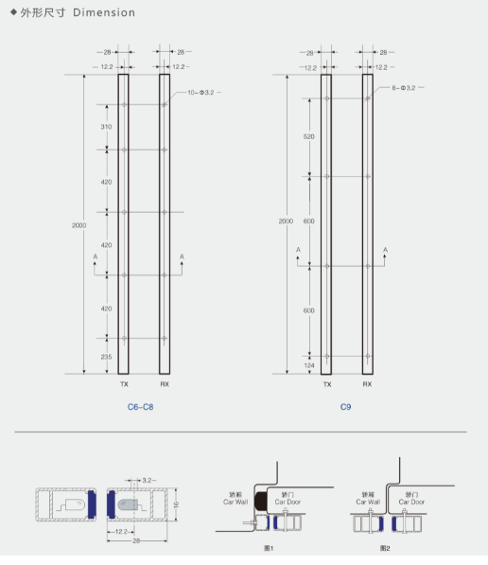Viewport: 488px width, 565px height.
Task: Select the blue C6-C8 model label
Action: coord(140,406)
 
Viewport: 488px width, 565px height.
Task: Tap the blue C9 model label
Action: coord(346,406)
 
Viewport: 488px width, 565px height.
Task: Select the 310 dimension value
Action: coord(106,127)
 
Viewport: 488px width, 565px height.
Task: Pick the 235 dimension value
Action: coord(106,356)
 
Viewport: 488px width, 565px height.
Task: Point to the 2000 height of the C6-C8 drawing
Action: coord(78,224)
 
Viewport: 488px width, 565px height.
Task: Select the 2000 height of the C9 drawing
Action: coord(286,221)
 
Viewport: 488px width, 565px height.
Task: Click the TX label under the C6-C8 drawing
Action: coord(124,385)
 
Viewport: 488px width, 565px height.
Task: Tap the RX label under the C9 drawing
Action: coord(367,385)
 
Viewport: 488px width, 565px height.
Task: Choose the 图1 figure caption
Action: coord(269,548)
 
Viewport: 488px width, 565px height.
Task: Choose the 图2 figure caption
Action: coord(384,548)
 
